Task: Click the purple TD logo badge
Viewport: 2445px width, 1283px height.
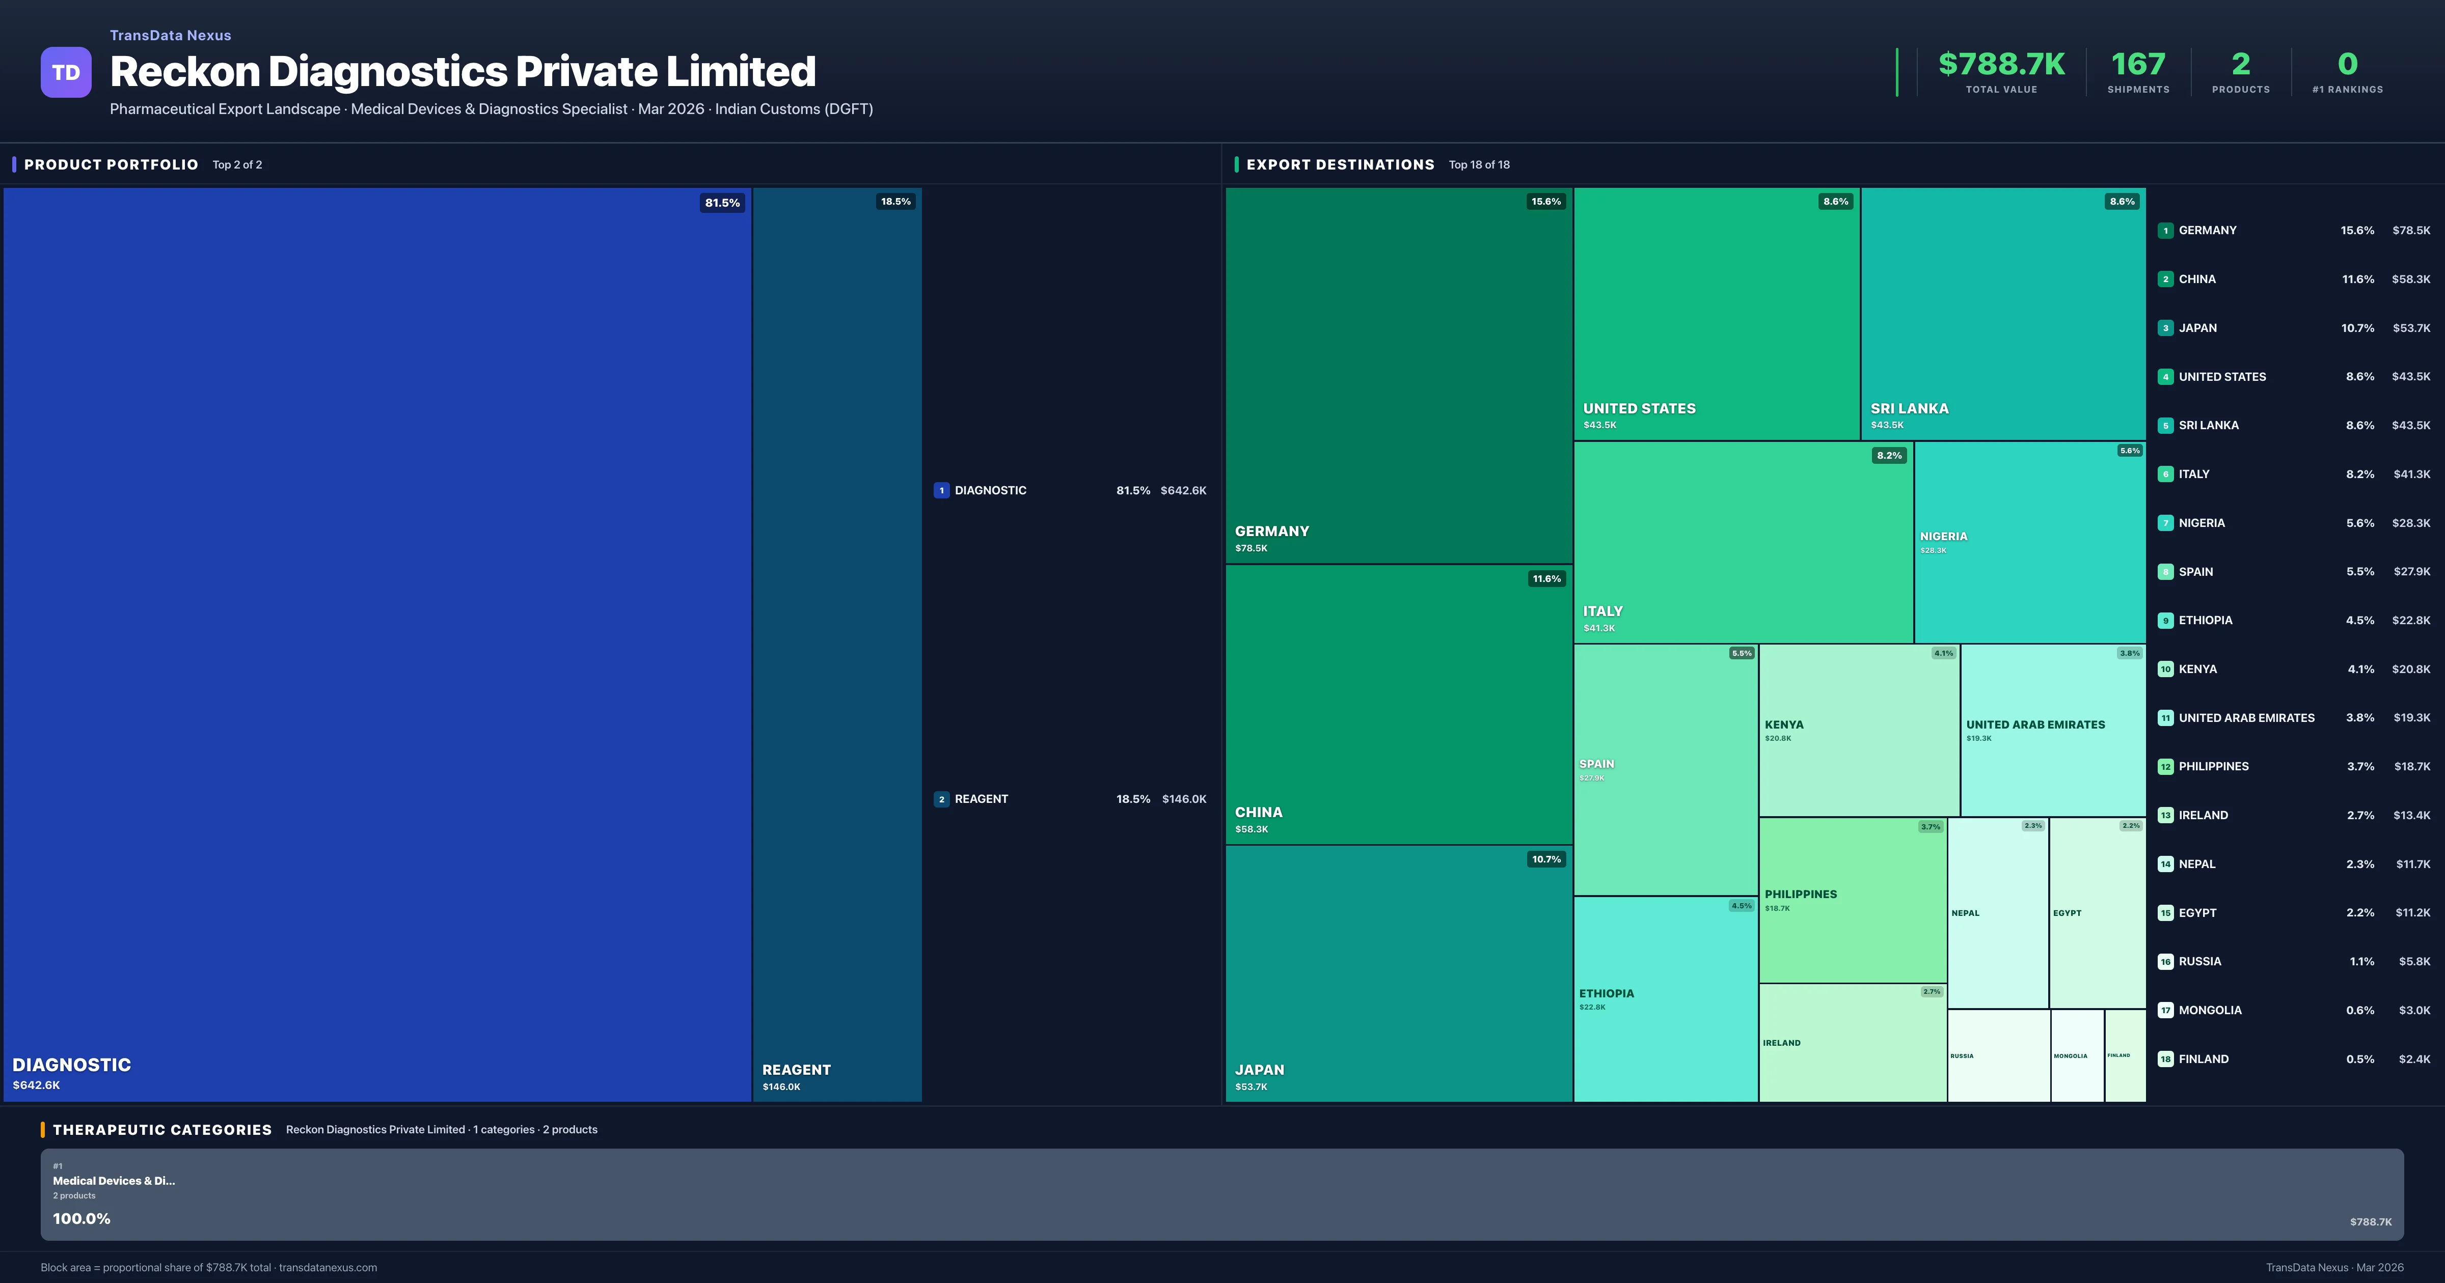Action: tap(66, 72)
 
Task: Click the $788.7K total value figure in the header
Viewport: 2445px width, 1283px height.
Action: tap(2001, 65)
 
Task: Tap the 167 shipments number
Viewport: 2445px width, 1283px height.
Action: tap(2137, 65)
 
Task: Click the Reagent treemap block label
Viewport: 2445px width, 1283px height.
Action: tap(796, 1070)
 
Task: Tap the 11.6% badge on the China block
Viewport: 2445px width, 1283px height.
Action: tap(1545, 579)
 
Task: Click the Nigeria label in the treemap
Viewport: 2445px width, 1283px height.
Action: tap(1943, 536)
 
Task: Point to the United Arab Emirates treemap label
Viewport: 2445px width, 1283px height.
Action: tap(2035, 725)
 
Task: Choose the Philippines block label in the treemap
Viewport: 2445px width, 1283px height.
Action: tap(1801, 894)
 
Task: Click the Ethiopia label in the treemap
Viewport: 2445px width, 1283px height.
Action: tap(1606, 994)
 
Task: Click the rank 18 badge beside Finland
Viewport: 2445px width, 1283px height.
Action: tap(2165, 1059)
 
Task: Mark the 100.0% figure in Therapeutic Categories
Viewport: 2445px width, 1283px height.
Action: tap(81, 1218)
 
